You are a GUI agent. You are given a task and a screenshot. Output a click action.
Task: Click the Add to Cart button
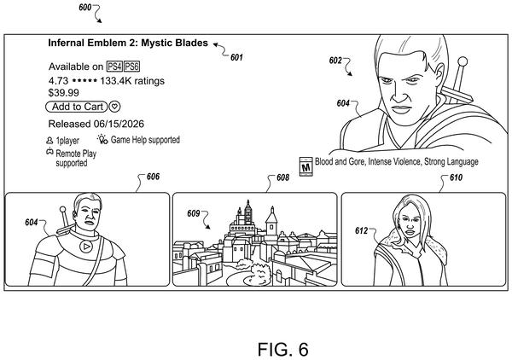77,107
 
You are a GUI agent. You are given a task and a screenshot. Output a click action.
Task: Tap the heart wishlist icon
114,107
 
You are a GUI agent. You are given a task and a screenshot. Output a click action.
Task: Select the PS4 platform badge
114,67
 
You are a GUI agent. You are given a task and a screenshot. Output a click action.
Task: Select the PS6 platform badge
132,67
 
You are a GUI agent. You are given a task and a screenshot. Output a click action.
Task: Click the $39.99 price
64,93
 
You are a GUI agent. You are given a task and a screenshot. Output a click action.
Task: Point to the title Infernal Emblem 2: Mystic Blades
128,43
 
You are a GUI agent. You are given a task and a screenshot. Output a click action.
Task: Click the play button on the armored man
86,247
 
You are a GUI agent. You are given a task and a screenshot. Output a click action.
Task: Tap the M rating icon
306,167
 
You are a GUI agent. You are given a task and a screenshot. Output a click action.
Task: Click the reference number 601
236,57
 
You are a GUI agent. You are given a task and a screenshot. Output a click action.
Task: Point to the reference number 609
194,213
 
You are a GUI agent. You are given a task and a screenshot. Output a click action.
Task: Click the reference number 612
361,230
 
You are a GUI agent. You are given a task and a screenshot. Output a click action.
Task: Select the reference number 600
84,7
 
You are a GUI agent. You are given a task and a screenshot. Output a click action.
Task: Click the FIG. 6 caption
282,350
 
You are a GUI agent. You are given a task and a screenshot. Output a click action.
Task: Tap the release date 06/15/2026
119,124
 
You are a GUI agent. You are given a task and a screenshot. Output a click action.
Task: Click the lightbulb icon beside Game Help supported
102,139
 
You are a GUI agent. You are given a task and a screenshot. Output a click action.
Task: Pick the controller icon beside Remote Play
49,151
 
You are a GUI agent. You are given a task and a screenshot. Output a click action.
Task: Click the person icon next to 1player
49,141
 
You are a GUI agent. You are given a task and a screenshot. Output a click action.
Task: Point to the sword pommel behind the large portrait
463,61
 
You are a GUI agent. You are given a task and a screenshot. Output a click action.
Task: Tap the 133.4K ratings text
132,81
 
